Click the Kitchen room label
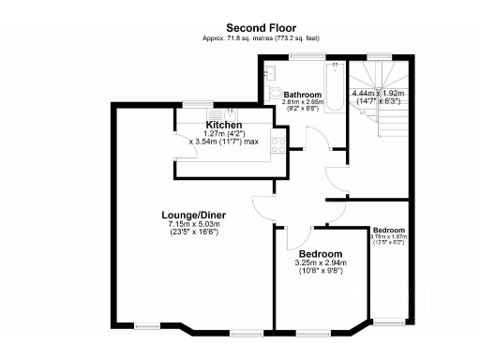(x=224, y=125)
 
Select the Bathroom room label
(x=304, y=95)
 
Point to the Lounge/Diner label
(x=193, y=215)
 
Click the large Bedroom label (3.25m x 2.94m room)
(x=320, y=254)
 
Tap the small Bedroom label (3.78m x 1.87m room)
(x=388, y=230)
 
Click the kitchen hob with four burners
(x=277, y=143)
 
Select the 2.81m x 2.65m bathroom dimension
(x=304, y=104)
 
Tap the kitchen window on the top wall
(x=197, y=103)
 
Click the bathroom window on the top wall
(x=302, y=57)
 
